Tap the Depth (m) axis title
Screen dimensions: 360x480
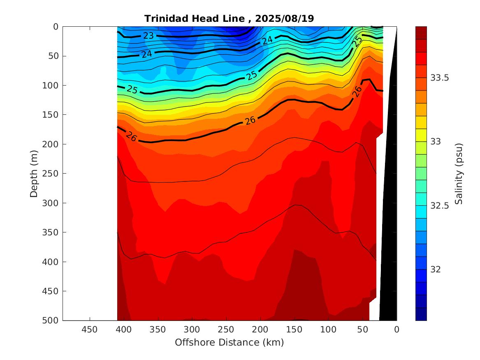[x=35, y=173]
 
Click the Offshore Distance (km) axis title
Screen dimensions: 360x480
[x=229, y=342]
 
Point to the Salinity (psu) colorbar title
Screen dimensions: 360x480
[x=459, y=173]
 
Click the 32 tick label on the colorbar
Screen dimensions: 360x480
[x=436, y=269]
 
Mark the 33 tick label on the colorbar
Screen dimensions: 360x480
[x=436, y=142]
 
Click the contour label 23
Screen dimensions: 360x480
[x=148, y=36]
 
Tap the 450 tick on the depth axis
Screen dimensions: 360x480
[x=52, y=291]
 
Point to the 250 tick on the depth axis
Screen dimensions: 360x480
[x=52, y=173]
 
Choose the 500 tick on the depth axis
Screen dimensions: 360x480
[x=52, y=321]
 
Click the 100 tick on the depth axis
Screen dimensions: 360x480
[x=52, y=85]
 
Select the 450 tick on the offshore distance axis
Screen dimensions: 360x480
[x=90, y=330]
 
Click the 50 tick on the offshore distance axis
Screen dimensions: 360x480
[x=363, y=330]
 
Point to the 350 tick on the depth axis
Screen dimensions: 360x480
[x=52, y=232]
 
